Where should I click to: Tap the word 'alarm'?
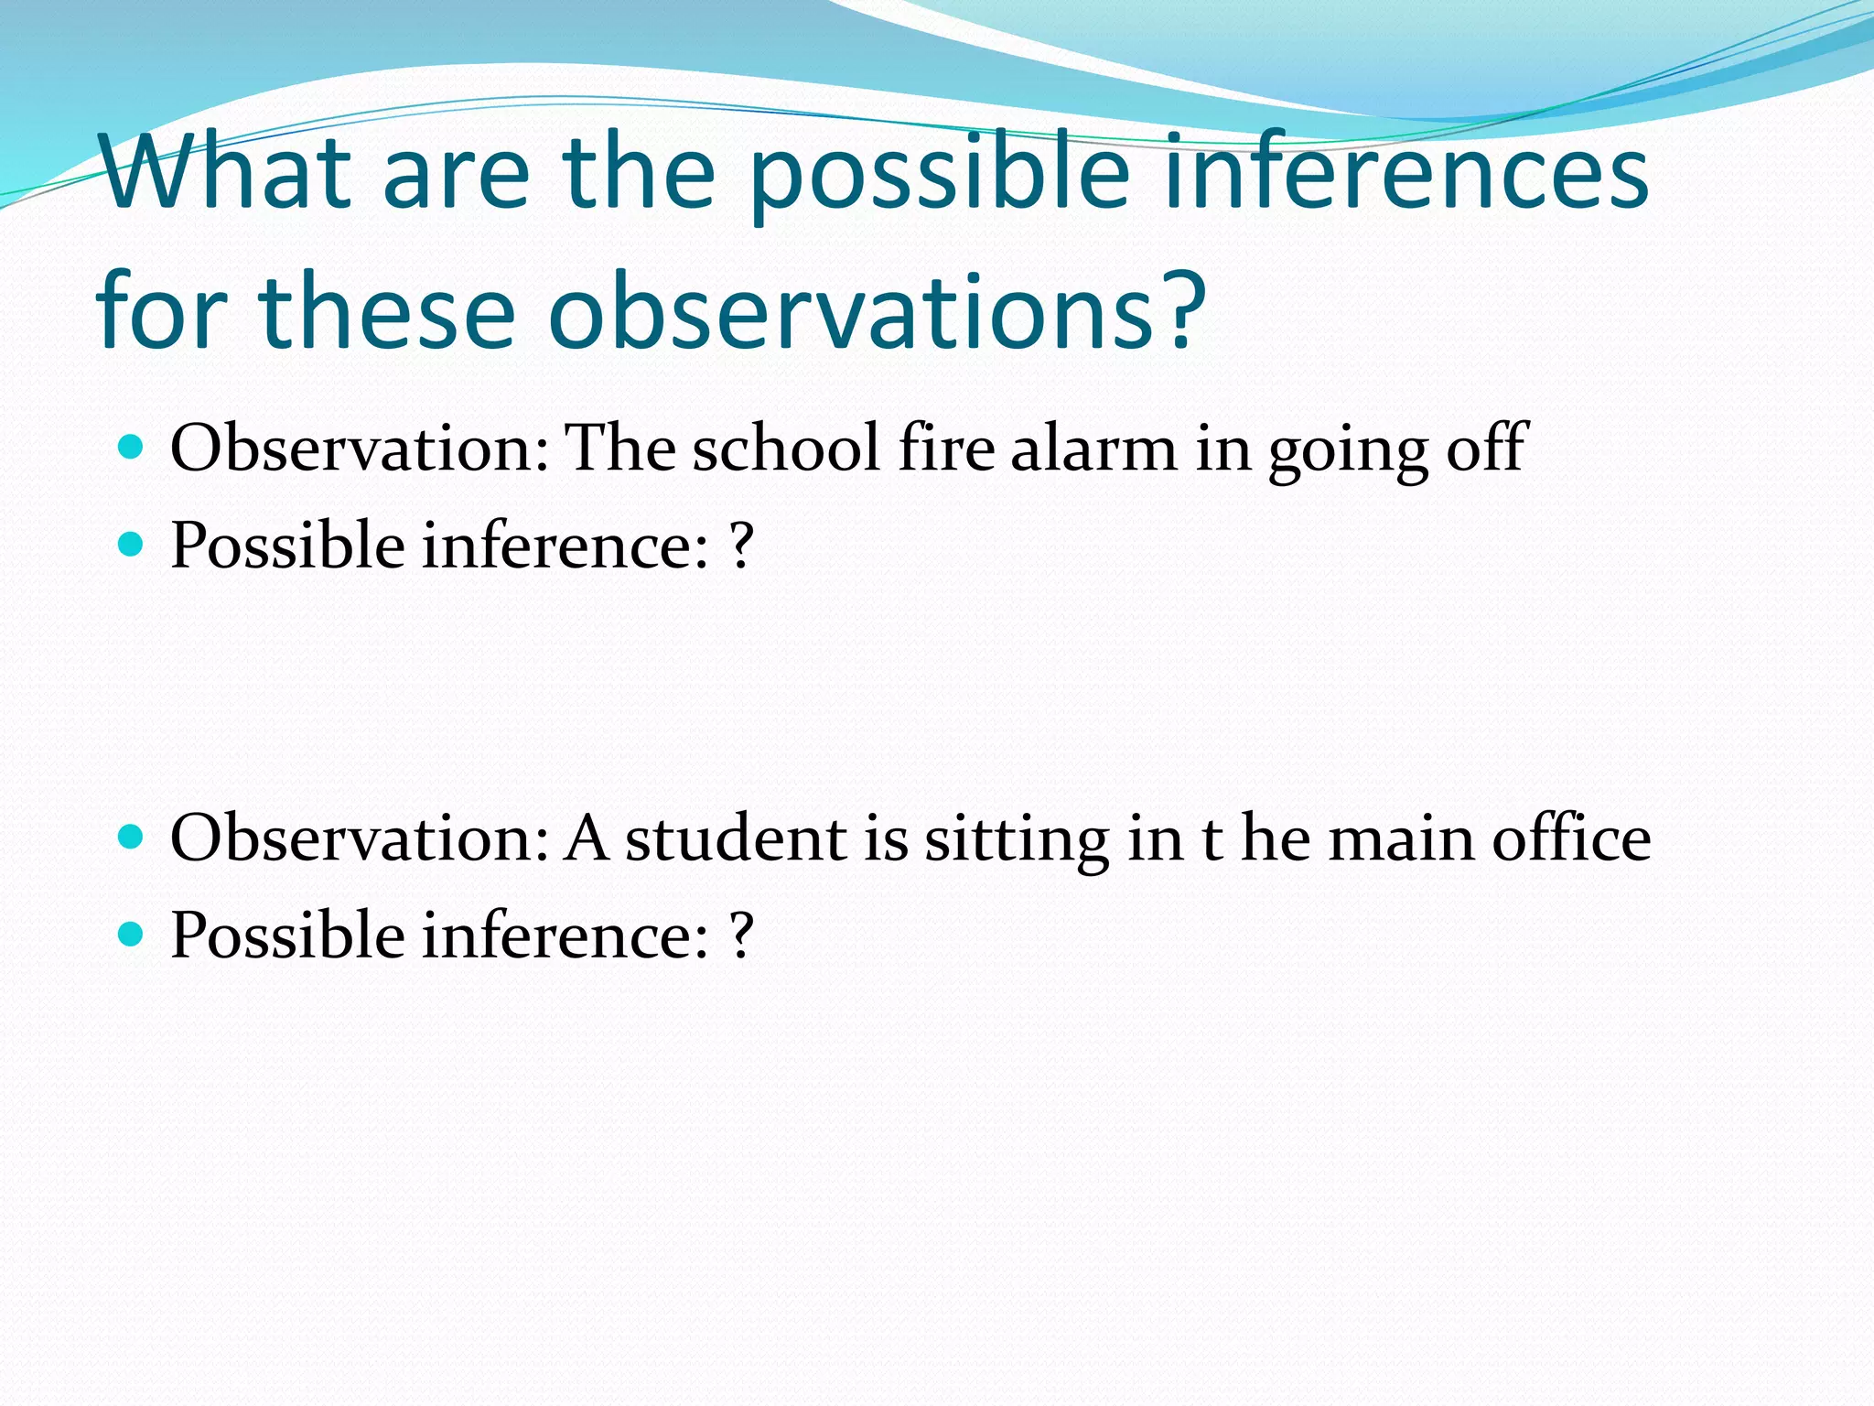pyautogui.click(x=1093, y=449)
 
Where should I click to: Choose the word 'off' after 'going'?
pyautogui.click(x=1486, y=449)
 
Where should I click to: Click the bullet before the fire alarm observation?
pyautogui.click(x=132, y=448)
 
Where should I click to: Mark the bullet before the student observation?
pyautogui.click(x=132, y=837)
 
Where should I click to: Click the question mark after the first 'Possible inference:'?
pyautogui.click(x=741, y=546)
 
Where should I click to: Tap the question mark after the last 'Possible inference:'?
pyautogui.click(x=741, y=936)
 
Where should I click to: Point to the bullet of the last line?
pyautogui.click(x=132, y=935)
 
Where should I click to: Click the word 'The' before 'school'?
pyautogui.click(x=621, y=449)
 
